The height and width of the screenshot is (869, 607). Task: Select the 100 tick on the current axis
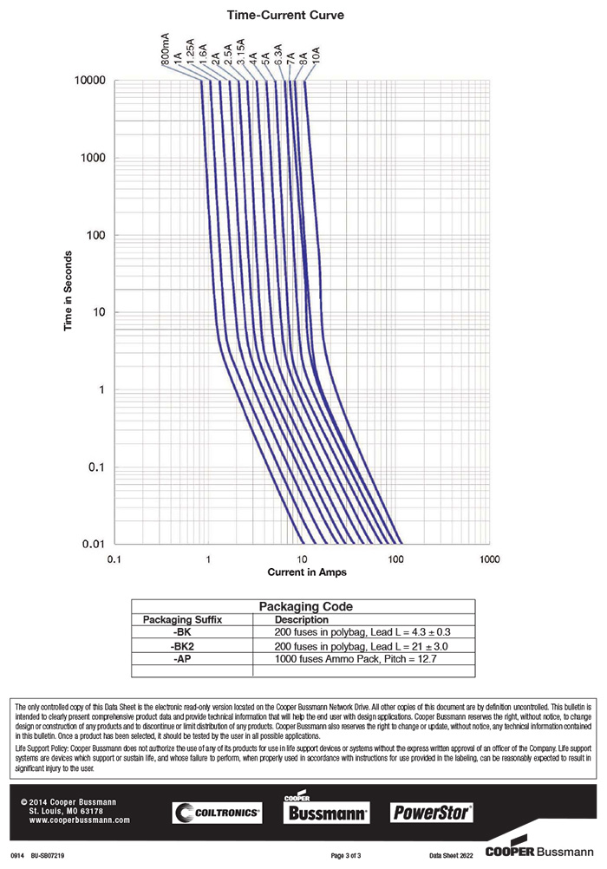[x=395, y=560]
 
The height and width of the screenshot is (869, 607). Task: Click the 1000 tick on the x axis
[x=489, y=560]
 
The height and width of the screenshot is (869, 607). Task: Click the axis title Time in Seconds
[x=68, y=291]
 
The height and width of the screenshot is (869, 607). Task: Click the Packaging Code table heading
[x=303, y=607]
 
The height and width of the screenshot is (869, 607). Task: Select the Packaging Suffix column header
[x=183, y=620]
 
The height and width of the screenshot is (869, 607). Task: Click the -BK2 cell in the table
[x=183, y=646]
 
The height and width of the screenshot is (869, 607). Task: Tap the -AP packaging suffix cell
[x=183, y=659]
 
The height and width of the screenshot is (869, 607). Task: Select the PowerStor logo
[x=432, y=813]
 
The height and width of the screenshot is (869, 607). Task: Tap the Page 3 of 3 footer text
[x=346, y=855]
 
